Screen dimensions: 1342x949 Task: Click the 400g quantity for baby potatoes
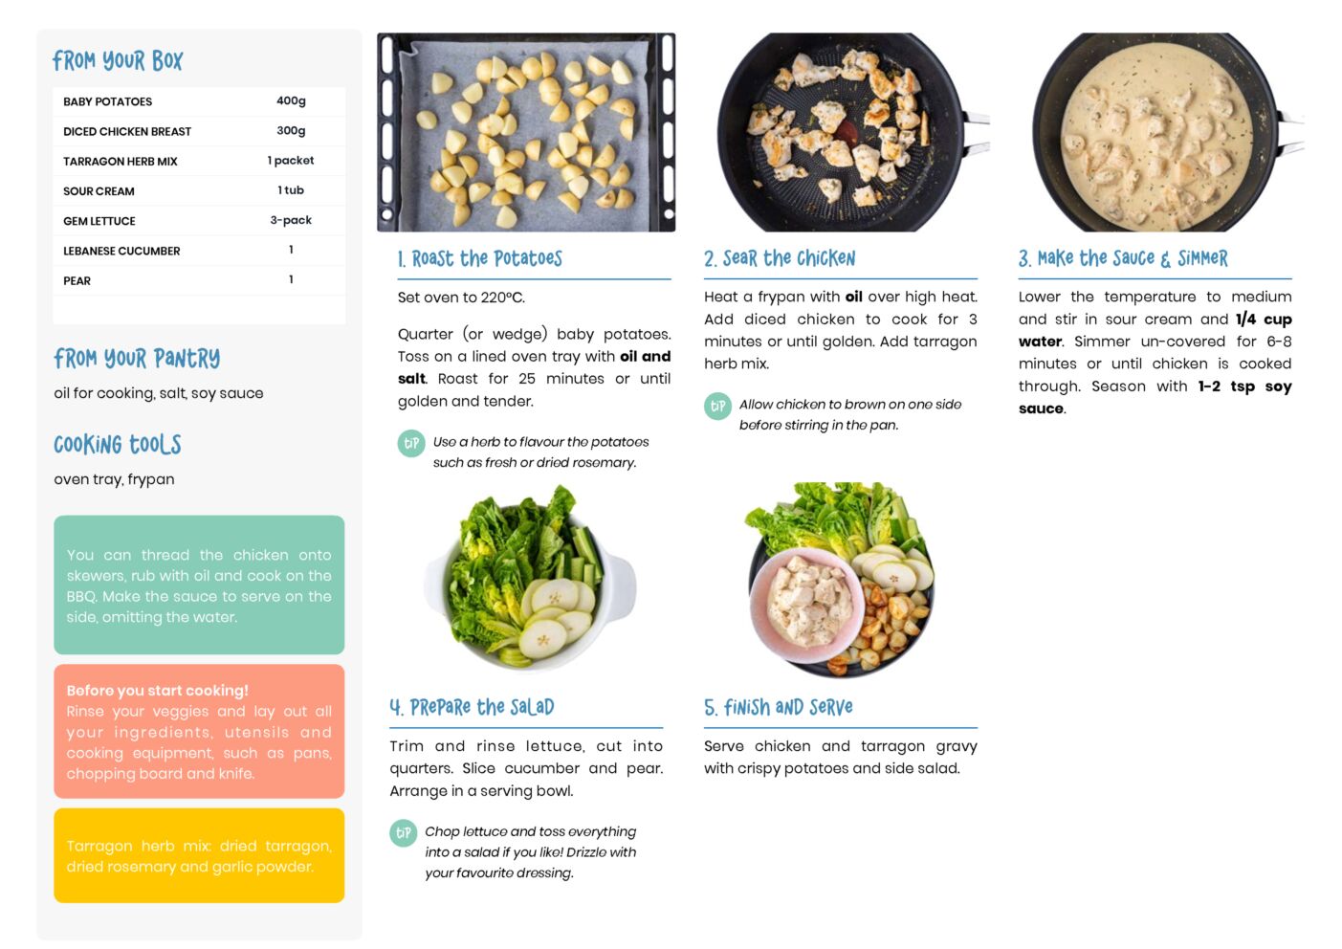coord(291,101)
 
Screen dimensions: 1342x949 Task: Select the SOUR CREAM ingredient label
coord(99,191)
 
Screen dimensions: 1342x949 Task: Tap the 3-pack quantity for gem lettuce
coord(291,220)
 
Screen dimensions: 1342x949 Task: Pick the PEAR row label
coord(77,280)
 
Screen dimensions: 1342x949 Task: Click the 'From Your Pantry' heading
coord(137,359)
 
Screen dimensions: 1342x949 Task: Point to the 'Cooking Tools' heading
coord(118,445)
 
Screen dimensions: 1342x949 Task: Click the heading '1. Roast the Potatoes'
coord(480,258)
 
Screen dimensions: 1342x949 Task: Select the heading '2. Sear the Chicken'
coord(780,258)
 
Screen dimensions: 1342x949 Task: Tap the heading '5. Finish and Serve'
coord(779,707)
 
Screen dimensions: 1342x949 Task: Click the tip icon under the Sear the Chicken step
coord(717,407)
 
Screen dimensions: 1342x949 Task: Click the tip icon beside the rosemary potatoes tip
coord(411,443)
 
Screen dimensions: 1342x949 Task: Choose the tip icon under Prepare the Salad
coord(404,833)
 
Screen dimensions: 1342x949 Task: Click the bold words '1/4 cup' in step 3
coord(1264,320)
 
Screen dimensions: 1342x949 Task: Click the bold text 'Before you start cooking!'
coord(157,690)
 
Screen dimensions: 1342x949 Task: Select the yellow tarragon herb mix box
coord(199,855)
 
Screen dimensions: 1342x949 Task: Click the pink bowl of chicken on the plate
coord(806,606)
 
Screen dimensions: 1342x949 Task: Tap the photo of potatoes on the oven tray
coord(526,132)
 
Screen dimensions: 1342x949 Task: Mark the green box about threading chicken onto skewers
coord(199,585)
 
